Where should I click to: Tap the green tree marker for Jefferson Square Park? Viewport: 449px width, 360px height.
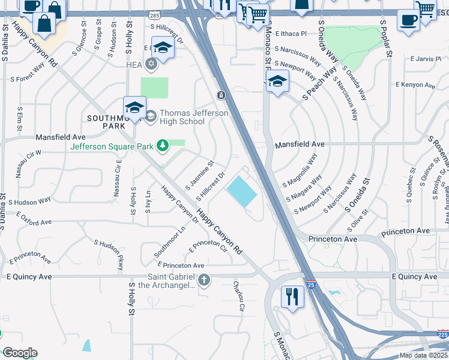pos(161,145)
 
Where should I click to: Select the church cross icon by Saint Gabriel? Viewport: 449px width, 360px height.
pos(204,280)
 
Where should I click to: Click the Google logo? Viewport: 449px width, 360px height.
pos(20,352)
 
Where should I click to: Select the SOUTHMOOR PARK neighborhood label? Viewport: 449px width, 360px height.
pos(109,122)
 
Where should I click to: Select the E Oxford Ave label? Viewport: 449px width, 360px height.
pos(34,218)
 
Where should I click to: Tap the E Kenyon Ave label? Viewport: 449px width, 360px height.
pos(414,86)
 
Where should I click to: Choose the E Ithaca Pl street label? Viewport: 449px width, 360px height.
pos(291,34)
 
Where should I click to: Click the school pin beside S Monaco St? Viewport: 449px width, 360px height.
pos(277,82)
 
